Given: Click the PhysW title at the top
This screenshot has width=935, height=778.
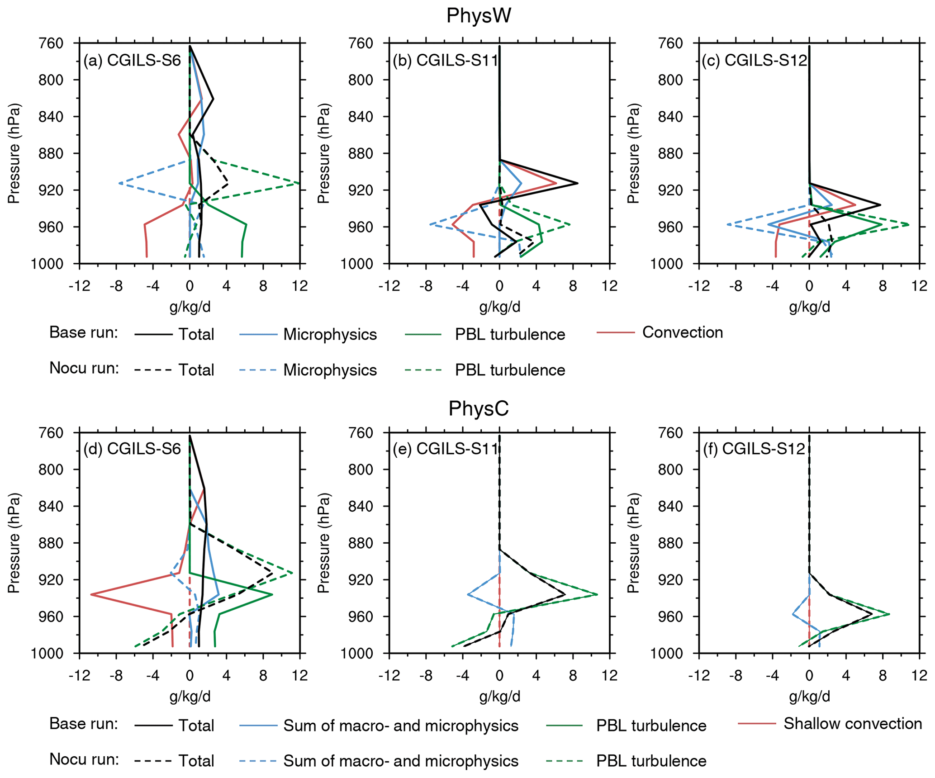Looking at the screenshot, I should [x=478, y=16].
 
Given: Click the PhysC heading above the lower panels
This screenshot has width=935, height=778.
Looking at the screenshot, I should [x=478, y=408].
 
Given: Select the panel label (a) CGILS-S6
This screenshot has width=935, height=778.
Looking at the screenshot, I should [x=132, y=61].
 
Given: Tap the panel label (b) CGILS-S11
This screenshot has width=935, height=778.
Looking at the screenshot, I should [x=445, y=61].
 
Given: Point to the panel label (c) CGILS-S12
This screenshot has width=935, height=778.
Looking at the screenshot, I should [x=755, y=61].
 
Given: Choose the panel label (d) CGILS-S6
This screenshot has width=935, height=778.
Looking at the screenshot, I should [x=132, y=449].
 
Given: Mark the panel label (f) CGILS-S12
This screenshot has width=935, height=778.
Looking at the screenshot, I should [x=755, y=449].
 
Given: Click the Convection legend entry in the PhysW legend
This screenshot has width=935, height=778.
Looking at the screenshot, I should [x=682, y=332].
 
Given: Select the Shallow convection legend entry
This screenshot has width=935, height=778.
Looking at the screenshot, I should [x=852, y=724].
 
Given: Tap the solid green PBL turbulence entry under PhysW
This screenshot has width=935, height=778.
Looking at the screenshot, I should [x=510, y=334].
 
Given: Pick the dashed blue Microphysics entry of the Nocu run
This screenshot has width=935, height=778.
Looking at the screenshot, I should [x=330, y=370].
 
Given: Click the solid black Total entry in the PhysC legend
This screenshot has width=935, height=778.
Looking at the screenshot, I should [x=196, y=726].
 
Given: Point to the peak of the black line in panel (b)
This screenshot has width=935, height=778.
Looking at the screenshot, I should [x=577, y=183].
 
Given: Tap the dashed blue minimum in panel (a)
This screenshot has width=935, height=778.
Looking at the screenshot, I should [x=119, y=183].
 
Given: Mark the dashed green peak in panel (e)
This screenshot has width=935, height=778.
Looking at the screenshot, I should [x=597, y=594].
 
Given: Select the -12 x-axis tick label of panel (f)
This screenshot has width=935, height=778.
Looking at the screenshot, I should [x=699, y=676].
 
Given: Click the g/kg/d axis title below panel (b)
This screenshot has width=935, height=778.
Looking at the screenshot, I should [x=499, y=308].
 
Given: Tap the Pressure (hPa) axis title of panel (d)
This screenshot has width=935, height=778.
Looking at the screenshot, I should [x=14, y=543].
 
